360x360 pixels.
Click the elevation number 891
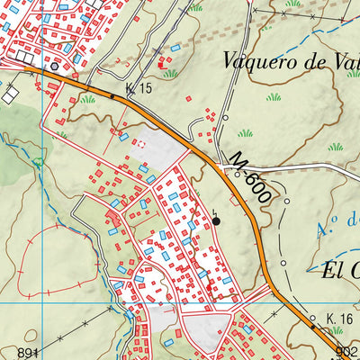coord(28,352)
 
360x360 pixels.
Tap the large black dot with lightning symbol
coord(216,220)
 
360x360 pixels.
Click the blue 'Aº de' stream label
coord(338,220)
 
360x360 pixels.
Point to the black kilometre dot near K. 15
coord(112,94)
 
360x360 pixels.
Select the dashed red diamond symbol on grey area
coord(139,142)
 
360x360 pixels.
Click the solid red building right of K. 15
coord(162,64)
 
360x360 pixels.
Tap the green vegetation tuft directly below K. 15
coord(88,100)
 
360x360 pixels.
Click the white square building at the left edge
coord(11,94)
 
